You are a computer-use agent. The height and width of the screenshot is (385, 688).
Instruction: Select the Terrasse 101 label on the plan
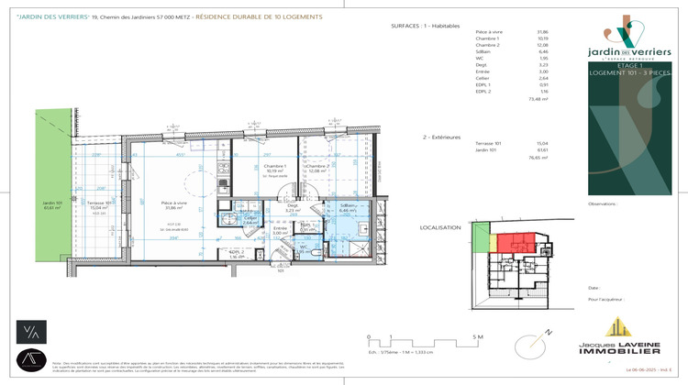pos(100,203)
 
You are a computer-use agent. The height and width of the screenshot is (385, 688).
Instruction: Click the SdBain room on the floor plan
pos(349,208)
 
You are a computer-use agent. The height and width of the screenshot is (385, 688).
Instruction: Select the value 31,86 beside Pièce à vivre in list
pos(541,32)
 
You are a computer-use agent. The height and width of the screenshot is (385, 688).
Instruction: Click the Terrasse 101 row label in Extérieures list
pos(490,143)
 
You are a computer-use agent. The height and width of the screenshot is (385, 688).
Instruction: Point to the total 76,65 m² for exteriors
pos(537,158)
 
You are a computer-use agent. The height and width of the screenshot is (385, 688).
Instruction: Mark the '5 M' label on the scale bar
pos(477,337)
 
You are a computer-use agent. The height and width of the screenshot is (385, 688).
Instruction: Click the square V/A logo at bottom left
pos(31,331)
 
